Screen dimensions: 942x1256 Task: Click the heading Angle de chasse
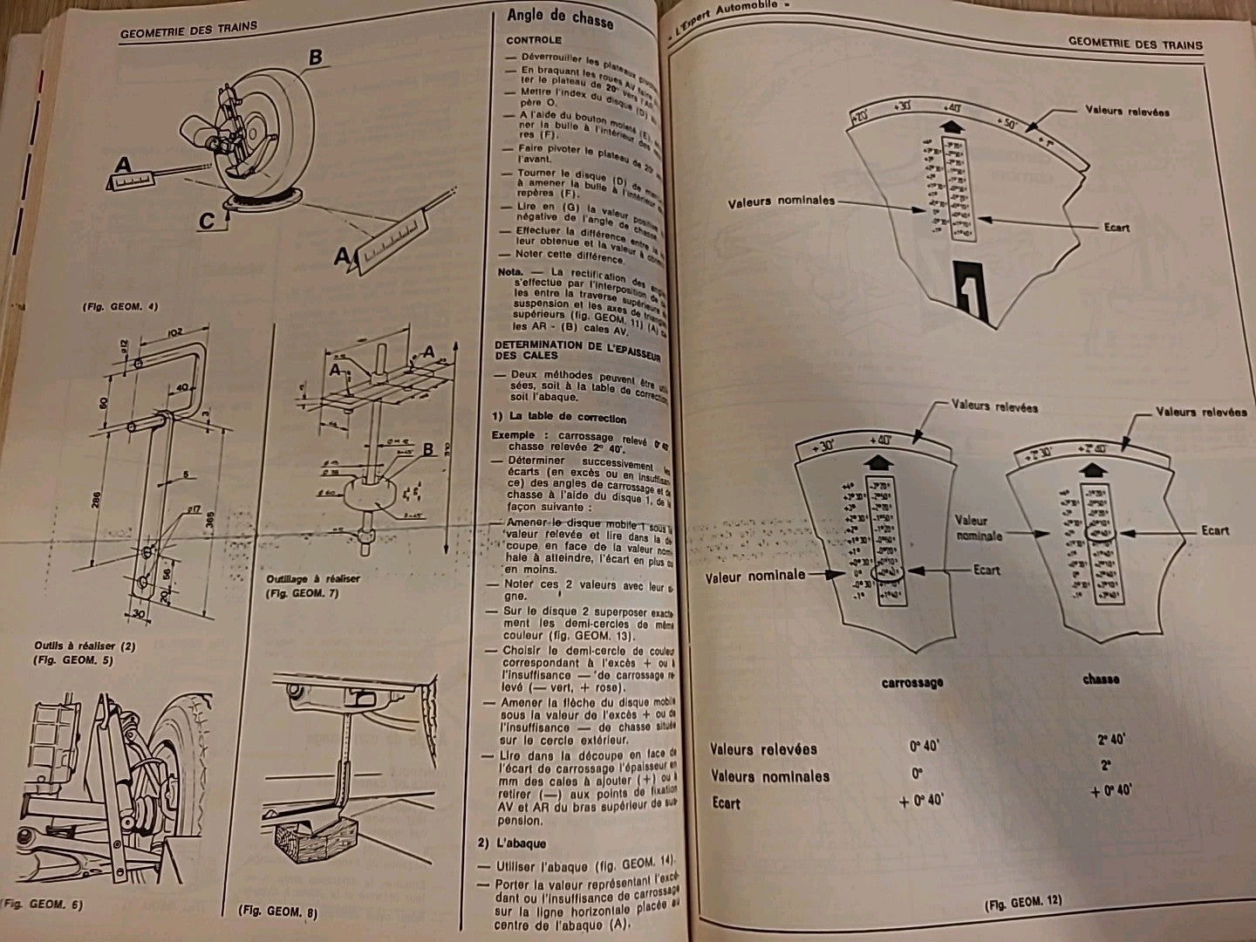click(x=559, y=18)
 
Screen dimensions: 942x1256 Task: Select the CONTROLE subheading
click(x=534, y=40)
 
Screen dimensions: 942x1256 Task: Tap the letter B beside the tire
click(x=315, y=58)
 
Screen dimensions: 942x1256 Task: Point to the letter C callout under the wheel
click(x=206, y=222)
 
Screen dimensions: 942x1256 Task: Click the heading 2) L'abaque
click(x=518, y=843)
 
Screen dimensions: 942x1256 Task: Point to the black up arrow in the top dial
click(x=953, y=129)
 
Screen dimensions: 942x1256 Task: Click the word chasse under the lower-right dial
click(x=1100, y=679)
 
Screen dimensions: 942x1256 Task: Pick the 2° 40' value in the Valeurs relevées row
click(x=1111, y=739)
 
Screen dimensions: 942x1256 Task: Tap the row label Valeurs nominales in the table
click(x=770, y=775)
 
